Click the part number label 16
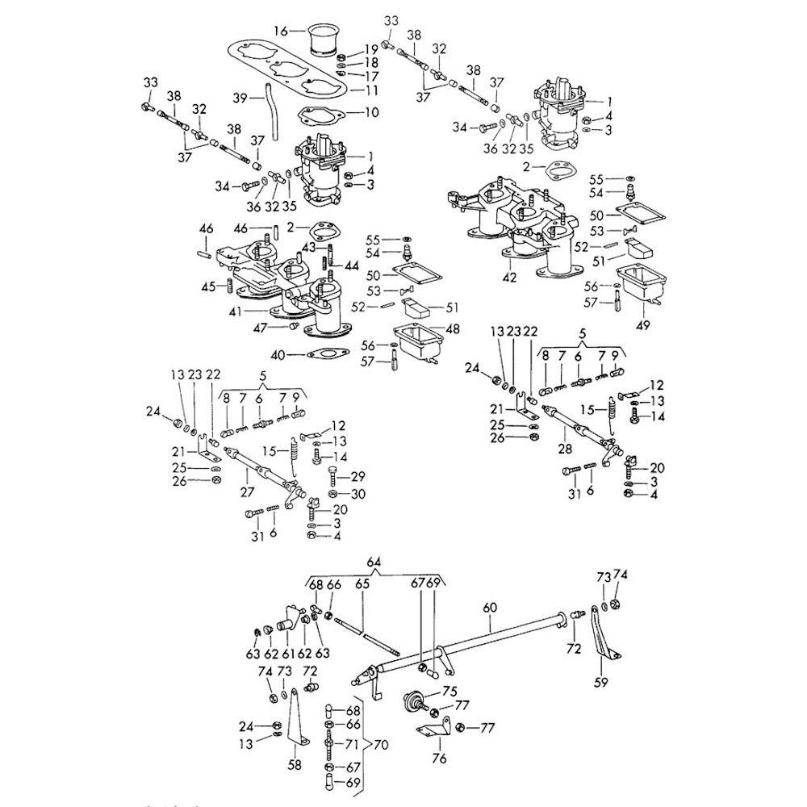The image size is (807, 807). (280, 31)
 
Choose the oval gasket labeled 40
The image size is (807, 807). (325, 354)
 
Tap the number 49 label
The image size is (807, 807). (643, 326)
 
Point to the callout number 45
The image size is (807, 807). (208, 286)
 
